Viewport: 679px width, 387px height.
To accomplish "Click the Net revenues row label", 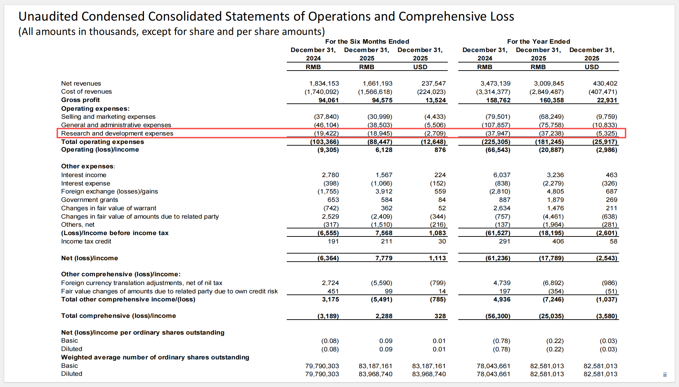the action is [x=81, y=83].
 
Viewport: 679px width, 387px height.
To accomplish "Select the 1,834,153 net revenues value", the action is [x=324, y=83].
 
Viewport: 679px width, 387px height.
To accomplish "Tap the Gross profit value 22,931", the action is [x=607, y=100].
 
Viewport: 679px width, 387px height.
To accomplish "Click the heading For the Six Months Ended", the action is [x=367, y=42].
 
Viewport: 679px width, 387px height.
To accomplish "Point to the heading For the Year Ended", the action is [x=539, y=42].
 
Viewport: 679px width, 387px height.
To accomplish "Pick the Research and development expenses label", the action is [x=117, y=133].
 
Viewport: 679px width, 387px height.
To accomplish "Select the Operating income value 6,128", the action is [x=384, y=150].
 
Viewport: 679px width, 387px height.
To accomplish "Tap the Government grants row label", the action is [x=89, y=200].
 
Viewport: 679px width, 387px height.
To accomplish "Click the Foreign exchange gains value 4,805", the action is [x=555, y=191].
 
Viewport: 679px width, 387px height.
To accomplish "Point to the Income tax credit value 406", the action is [x=558, y=241].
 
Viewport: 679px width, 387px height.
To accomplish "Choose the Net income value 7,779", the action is [x=384, y=258].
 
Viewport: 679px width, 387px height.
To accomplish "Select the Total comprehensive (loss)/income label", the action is [x=118, y=316].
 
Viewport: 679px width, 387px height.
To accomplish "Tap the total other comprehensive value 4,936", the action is [x=502, y=299].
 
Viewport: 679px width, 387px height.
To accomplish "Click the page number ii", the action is [x=665, y=375].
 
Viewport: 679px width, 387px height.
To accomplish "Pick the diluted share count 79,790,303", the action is [x=322, y=374].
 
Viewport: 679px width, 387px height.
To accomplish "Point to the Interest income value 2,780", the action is [x=330, y=175].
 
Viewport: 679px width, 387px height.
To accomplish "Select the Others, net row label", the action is [x=78, y=225].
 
